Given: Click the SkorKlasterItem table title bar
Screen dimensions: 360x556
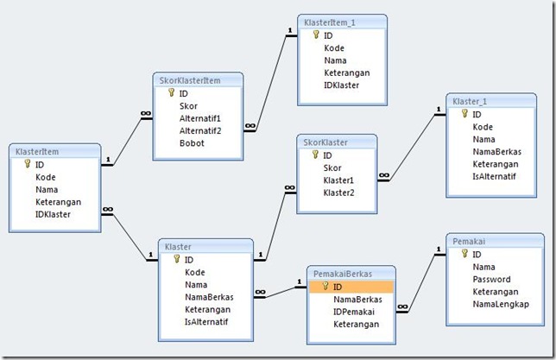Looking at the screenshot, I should (190, 80).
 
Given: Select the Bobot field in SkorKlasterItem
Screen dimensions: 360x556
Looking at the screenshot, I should (192, 142).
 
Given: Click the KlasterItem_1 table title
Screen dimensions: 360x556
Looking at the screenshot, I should (332, 21).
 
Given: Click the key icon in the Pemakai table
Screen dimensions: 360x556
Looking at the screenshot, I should (464, 254).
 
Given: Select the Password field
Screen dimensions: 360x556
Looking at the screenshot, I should (492, 280).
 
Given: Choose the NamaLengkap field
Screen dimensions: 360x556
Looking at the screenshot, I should (501, 304).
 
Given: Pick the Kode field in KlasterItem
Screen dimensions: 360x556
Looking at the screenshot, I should (46, 177).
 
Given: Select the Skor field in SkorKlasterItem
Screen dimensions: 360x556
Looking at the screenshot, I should (188, 105).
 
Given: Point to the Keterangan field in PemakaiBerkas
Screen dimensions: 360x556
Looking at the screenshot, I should (356, 324).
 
